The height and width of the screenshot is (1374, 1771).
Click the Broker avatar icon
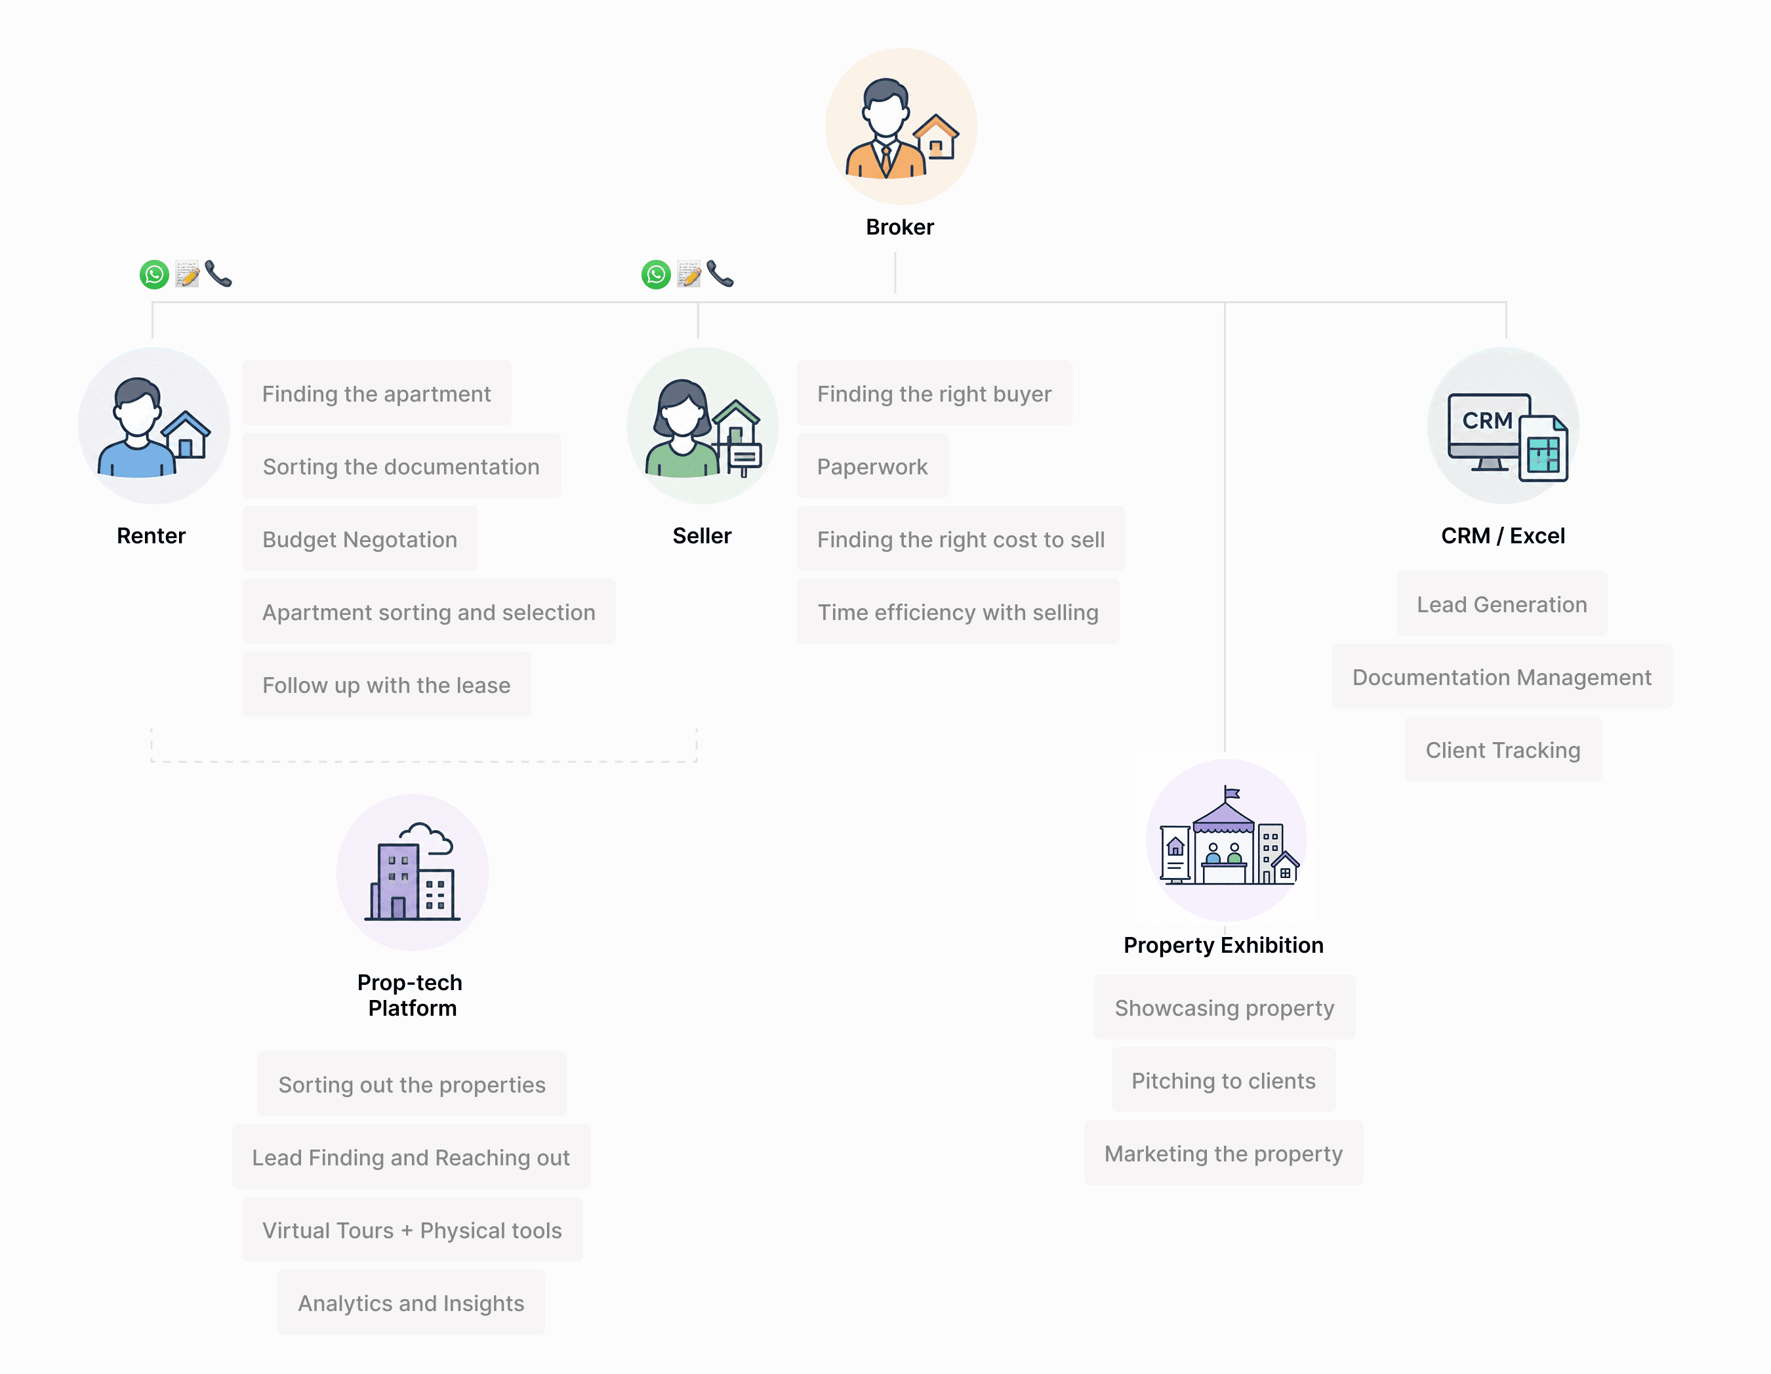click(901, 127)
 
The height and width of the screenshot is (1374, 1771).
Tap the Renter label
click(151, 535)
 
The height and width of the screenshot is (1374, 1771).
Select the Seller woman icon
click(702, 426)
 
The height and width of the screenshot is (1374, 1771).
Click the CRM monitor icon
click(1503, 426)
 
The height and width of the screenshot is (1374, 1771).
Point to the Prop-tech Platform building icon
click(413, 873)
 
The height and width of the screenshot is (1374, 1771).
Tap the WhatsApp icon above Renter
click(154, 274)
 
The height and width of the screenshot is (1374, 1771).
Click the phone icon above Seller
click(720, 274)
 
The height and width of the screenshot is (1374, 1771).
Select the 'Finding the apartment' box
click(377, 394)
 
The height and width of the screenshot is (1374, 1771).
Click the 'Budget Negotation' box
click(360, 539)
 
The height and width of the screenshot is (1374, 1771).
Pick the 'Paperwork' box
click(872, 467)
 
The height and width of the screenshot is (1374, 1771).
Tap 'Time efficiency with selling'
click(958, 612)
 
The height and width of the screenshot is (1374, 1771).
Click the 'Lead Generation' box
click(1502, 604)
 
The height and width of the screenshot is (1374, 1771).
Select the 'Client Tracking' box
click(1503, 749)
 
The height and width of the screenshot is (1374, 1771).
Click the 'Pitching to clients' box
click(1224, 1081)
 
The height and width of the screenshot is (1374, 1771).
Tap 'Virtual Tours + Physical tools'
click(412, 1230)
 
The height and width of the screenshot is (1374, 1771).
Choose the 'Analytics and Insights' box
click(411, 1302)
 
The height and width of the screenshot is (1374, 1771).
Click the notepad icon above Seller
click(689, 274)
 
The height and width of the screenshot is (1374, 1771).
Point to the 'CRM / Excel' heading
click(1503, 535)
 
